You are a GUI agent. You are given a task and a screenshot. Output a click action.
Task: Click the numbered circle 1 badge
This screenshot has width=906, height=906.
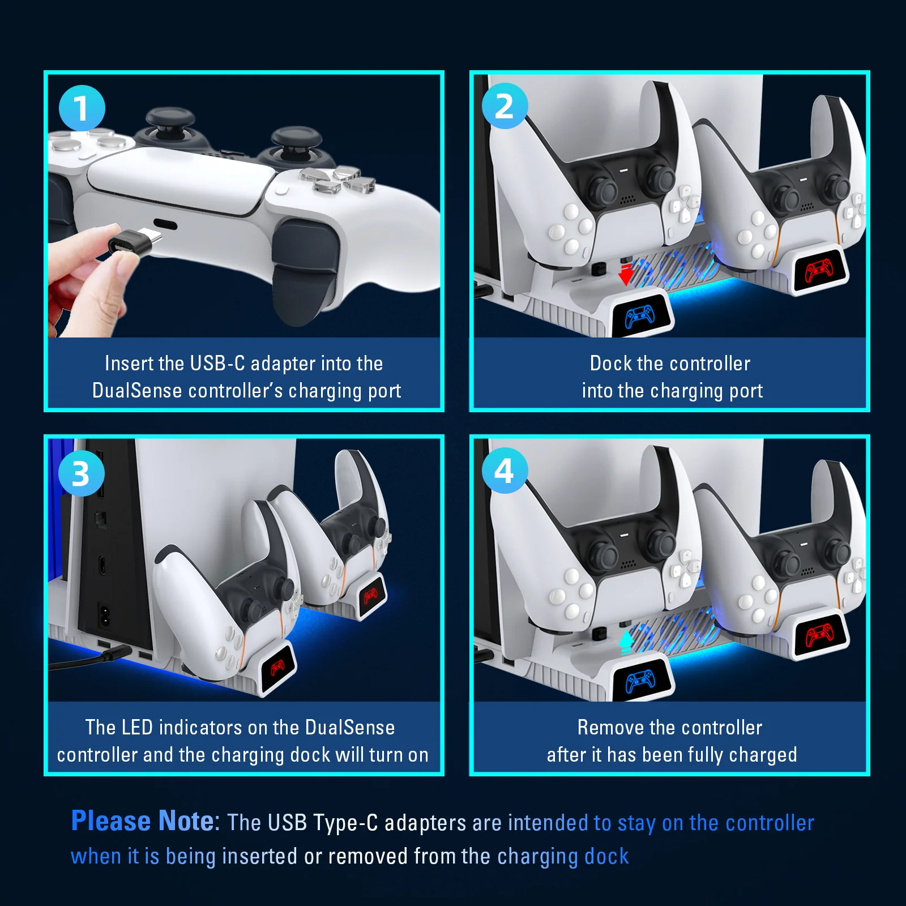coord(82,108)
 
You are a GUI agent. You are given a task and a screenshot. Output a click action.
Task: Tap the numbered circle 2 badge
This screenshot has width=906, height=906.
coord(505,106)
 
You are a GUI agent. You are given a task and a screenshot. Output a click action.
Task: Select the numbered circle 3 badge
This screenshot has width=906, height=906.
coord(82,473)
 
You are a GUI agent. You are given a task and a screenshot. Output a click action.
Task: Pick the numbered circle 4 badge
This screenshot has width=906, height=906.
coord(505,471)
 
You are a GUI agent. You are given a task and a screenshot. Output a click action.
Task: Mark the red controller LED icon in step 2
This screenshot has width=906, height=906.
coord(819,271)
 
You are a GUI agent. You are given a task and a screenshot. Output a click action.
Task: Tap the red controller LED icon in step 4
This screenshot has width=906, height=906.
coord(819,635)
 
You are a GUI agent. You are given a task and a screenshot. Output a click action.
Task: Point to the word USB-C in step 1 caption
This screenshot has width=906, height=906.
coord(217,364)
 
